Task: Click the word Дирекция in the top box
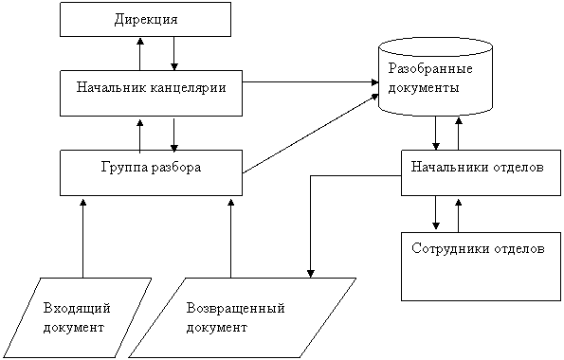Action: [146, 19]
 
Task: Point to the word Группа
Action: [124, 168]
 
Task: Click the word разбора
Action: [176, 168]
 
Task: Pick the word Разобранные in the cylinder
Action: [430, 69]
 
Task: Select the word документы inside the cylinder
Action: [424, 88]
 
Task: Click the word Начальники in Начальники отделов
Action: [450, 167]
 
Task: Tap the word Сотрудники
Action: [451, 249]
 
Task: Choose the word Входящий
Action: [77, 309]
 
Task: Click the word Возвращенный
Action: [236, 309]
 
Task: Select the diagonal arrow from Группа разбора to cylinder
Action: [310, 134]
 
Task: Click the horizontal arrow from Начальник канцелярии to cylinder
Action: [310, 82]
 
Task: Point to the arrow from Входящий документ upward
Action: [83, 238]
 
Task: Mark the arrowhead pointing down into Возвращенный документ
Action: [310, 274]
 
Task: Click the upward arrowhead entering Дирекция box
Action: [140, 41]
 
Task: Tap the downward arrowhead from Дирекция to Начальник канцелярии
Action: [174, 66]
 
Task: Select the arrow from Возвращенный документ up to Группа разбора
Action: [231, 238]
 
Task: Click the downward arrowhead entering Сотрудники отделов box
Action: [436, 225]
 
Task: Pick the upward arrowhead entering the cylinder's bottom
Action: [459, 120]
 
